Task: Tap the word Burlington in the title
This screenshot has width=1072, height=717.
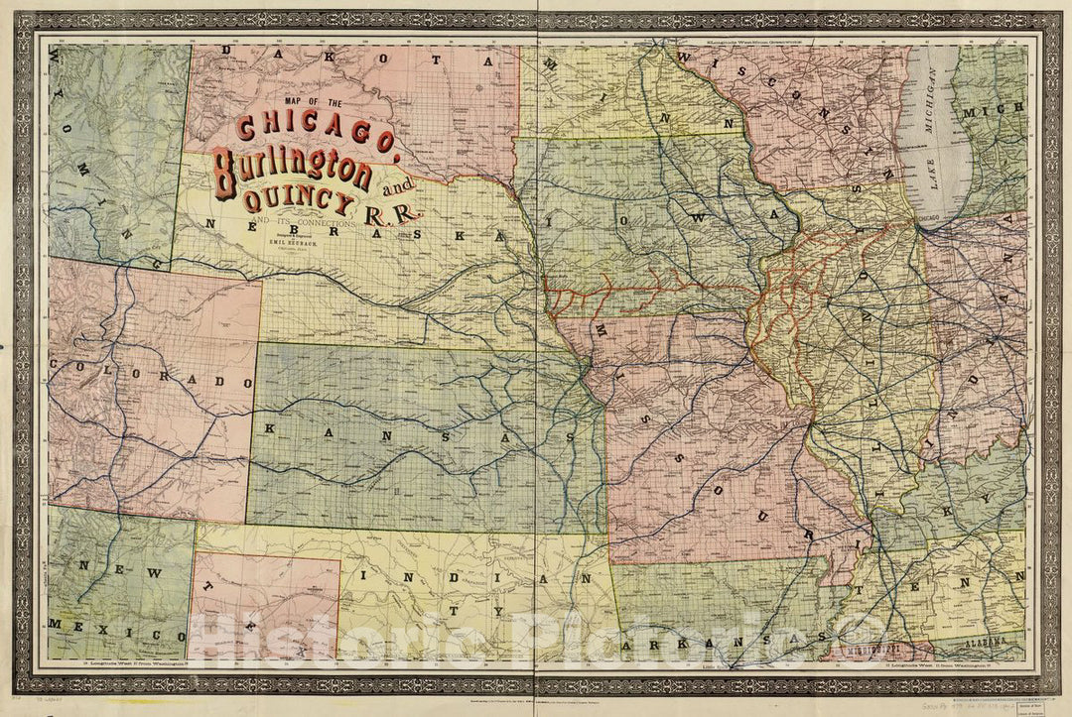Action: coord(291,171)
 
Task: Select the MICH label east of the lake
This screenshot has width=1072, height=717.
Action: coord(1004,112)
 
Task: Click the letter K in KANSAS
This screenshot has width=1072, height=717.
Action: coord(269,428)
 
